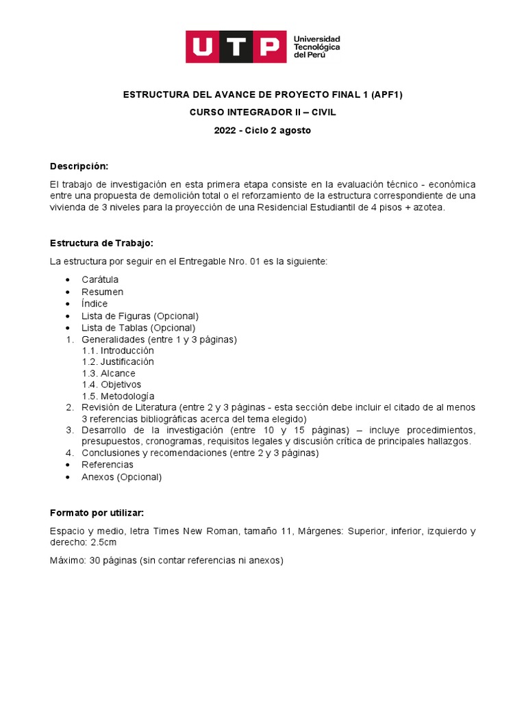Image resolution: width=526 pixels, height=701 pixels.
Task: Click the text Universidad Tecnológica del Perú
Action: [x=316, y=47]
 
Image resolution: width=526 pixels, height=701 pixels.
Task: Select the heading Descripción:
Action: [x=79, y=166]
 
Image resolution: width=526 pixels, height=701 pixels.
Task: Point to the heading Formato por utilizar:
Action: [x=97, y=513]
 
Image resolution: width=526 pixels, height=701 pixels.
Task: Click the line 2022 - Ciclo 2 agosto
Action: [x=262, y=130]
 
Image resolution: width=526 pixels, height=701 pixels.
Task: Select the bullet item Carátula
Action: [x=100, y=280]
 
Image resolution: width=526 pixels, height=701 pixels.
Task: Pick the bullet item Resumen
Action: [x=102, y=292]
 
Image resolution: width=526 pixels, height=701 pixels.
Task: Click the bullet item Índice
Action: [x=95, y=303]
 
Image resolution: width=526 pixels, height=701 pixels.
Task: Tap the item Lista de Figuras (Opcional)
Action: [x=140, y=316]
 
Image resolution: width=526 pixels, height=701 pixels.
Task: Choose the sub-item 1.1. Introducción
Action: [x=118, y=350]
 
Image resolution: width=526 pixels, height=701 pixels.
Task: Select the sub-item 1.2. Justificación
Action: [x=118, y=361]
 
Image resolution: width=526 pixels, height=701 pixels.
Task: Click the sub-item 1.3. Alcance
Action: [x=108, y=373]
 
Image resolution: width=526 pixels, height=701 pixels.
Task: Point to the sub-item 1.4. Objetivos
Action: [x=112, y=385]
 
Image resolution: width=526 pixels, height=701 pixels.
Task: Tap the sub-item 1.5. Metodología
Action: [x=118, y=396]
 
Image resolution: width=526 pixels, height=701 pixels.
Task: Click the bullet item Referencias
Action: [x=108, y=465]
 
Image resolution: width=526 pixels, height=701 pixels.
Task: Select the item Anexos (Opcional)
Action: [x=121, y=477]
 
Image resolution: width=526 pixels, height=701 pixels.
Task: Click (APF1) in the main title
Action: [x=386, y=95]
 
